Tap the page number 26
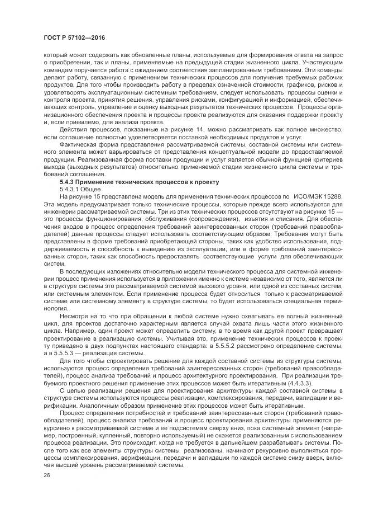point(47,474)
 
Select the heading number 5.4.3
point(69,182)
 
